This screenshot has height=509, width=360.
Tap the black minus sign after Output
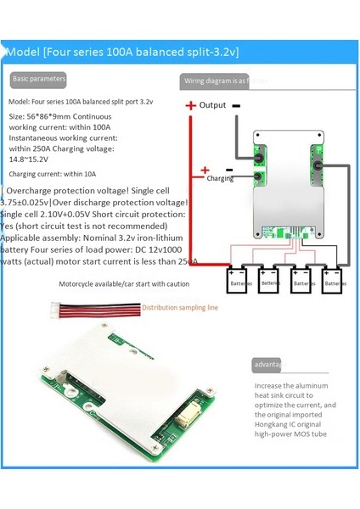(x=235, y=104)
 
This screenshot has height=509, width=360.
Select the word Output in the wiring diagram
(x=212, y=105)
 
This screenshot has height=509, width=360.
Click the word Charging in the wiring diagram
(x=219, y=179)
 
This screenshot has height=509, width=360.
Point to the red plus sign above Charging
(x=205, y=170)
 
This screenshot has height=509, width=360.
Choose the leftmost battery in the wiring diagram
(x=237, y=281)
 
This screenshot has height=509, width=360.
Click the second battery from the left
(x=269, y=281)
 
